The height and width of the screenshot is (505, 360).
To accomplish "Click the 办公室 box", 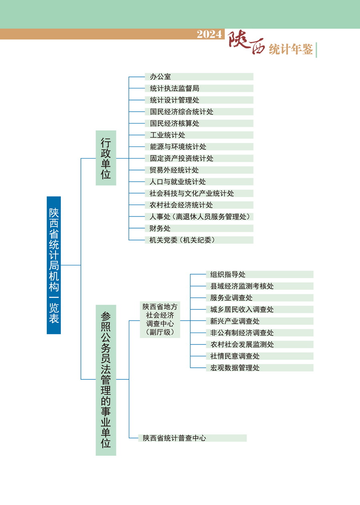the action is click(199, 77).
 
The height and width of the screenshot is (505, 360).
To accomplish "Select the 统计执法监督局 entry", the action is click(199, 88).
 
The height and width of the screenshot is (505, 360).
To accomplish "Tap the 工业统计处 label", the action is click(168, 135).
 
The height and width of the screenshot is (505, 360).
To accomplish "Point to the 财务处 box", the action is click(199, 228).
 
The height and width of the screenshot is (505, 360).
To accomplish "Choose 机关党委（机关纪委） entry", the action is click(199, 240).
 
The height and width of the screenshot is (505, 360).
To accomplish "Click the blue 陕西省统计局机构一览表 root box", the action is click(54, 265).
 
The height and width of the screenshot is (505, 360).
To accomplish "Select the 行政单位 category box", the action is click(106, 158).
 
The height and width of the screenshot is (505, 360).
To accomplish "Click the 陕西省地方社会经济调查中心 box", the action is click(160, 319).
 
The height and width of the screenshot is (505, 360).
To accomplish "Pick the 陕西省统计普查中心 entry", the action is click(192, 438).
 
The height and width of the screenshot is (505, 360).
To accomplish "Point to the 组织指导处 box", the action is click(260, 275).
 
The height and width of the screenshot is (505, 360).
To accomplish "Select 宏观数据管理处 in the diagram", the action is click(260, 368).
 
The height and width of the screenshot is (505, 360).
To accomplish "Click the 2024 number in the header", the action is click(210, 34).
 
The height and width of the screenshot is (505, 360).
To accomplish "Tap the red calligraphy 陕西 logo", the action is click(246, 42).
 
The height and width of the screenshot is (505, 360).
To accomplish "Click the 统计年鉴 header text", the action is click(291, 49).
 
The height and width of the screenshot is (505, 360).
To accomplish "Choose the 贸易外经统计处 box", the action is click(199, 170).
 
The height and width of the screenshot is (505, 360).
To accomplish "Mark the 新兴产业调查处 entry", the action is click(260, 321).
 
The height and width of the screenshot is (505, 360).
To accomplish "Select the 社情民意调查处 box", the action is click(260, 356).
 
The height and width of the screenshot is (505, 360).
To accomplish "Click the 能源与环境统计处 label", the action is click(178, 147).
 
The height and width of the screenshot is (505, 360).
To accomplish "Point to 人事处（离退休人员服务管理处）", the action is click(199, 216).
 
